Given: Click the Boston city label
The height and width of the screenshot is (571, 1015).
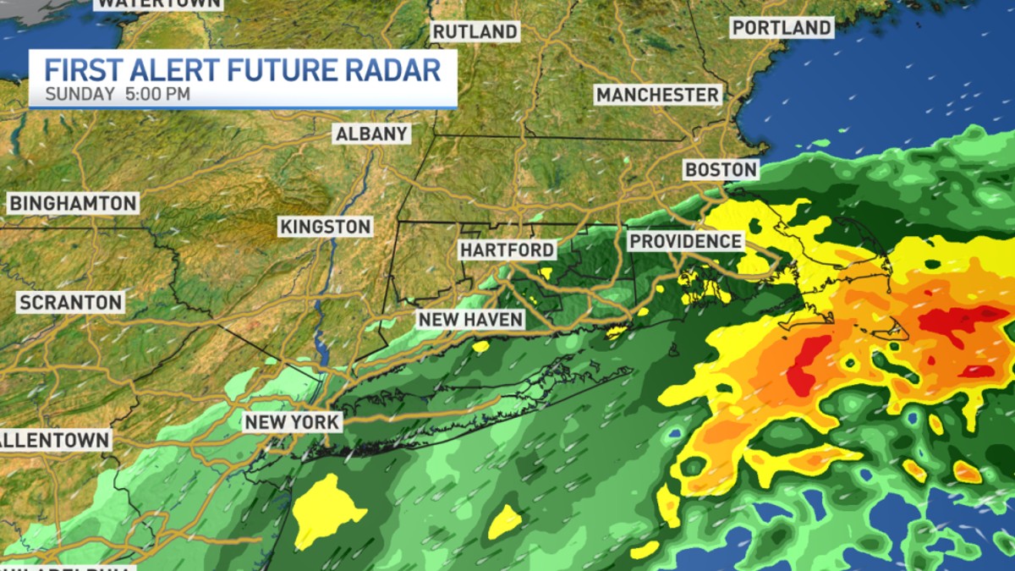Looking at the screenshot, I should click(x=721, y=169).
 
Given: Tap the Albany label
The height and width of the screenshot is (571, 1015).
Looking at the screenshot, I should click(x=372, y=134).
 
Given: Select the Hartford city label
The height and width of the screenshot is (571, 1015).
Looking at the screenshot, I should click(x=507, y=250).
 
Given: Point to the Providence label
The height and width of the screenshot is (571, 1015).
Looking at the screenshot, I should click(x=685, y=241).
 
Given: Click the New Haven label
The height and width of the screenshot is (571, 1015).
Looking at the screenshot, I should click(x=470, y=319).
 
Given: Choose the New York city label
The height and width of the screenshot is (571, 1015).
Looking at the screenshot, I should click(x=293, y=421).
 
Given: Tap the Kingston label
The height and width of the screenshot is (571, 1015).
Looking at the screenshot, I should click(x=326, y=227).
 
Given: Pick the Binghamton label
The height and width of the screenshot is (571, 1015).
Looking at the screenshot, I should click(x=73, y=203).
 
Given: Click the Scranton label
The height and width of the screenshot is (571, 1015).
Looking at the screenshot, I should click(x=71, y=302).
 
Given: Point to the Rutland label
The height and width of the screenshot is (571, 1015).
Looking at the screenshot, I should click(x=475, y=31).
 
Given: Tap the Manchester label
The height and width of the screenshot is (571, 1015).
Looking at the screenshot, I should click(x=657, y=94).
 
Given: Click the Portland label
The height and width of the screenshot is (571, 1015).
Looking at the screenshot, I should click(x=782, y=28).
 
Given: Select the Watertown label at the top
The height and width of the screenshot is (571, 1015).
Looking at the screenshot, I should click(x=158, y=3).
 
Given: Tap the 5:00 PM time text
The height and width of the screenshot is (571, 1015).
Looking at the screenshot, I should click(x=157, y=94).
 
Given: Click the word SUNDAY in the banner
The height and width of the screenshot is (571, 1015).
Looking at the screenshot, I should click(x=80, y=94).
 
